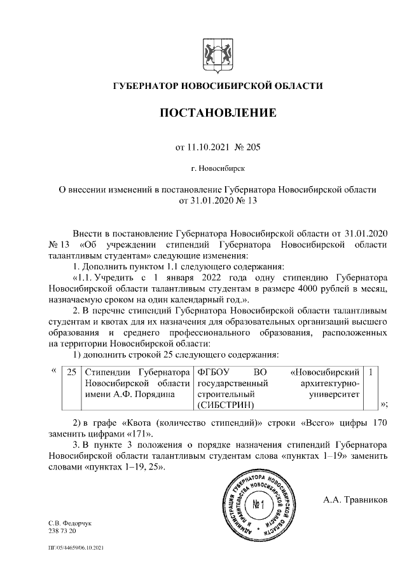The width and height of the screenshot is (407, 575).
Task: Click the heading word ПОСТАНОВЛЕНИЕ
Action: coord(217,114)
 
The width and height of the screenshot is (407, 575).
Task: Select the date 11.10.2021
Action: coord(209,147)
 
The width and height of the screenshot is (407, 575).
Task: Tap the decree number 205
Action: coord(252,147)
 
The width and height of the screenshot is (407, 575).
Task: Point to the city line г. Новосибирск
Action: coord(217,169)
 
